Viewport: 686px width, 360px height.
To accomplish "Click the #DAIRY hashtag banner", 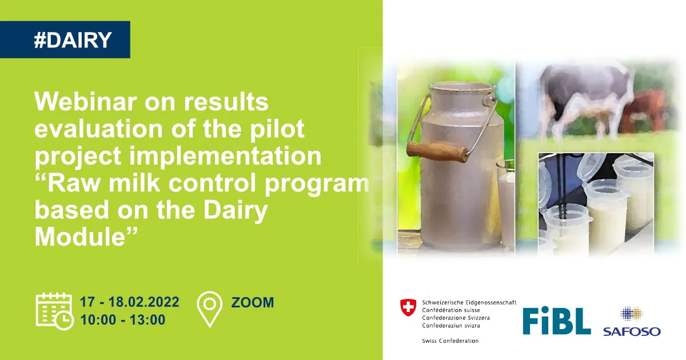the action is pos(65,39).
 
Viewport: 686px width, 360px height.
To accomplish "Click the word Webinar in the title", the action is pos(85,101).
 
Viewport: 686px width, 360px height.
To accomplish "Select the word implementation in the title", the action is pos(225,156).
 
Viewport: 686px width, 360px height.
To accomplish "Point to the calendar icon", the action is pos(54,311).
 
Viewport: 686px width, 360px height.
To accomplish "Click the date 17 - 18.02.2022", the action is pos(130,302).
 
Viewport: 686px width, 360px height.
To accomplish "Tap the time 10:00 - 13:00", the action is pos(123,319).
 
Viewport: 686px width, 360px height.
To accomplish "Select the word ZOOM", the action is pos(253,302).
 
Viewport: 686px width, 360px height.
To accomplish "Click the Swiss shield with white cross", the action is pos(408,307).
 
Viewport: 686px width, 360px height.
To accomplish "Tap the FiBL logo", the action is pos(556,321).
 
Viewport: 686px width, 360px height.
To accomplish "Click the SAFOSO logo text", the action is pos(632,331).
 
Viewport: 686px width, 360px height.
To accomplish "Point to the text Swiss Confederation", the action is pos(450,341).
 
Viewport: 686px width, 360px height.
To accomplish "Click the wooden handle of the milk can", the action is pos(437,151).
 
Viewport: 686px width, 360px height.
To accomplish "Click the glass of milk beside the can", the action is pos(505,205).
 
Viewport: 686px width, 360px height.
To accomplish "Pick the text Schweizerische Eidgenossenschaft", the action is pos(469,302).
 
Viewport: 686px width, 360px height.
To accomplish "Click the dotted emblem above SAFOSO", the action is pos(632,314).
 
